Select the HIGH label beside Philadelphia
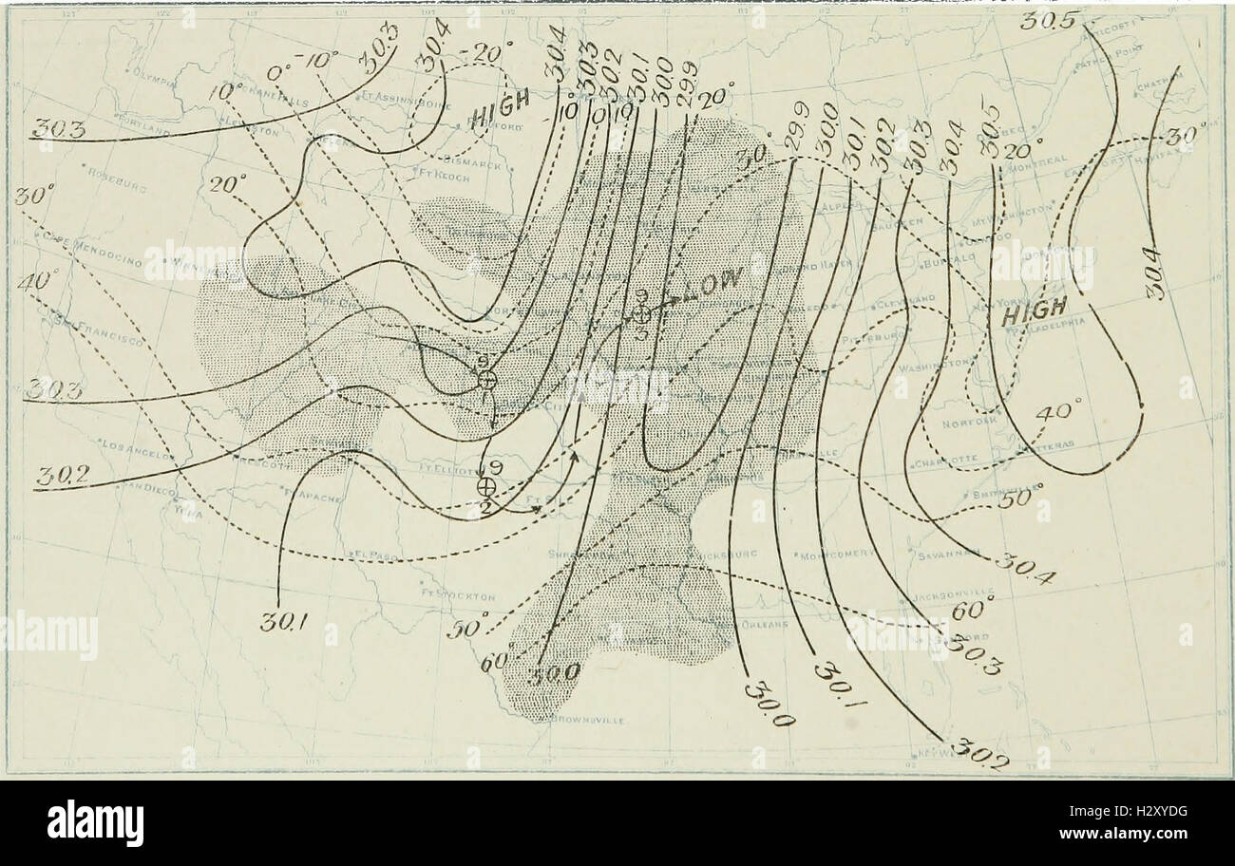[1035, 310]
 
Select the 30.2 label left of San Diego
[60, 480]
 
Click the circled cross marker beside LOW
[642, 313]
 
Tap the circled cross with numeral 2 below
[486, 486]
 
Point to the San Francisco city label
[90, 328]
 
